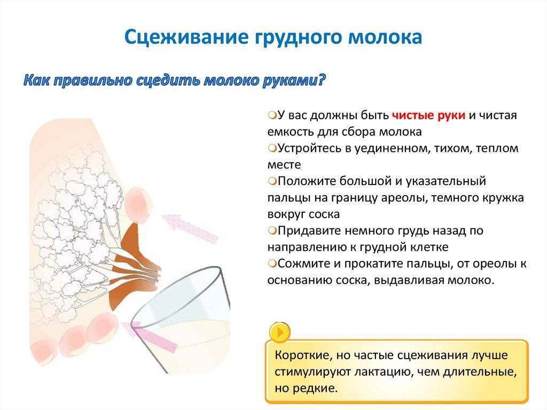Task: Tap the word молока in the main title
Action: pos(385,37)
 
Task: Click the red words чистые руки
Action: pos(428,115)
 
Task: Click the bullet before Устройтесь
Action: pos(272,148)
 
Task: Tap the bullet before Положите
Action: pos(272,181)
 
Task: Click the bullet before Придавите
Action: pos(272,230)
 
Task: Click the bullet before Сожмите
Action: pos(272,263)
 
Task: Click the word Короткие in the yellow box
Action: pos(302,355)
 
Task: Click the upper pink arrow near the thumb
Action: pos(190,228)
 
